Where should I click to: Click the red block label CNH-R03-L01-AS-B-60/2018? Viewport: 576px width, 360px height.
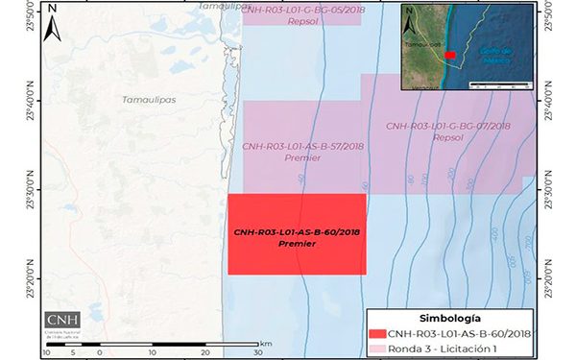[x=296, y=232]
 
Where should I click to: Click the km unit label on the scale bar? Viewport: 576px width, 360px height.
[x=266, y=343]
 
